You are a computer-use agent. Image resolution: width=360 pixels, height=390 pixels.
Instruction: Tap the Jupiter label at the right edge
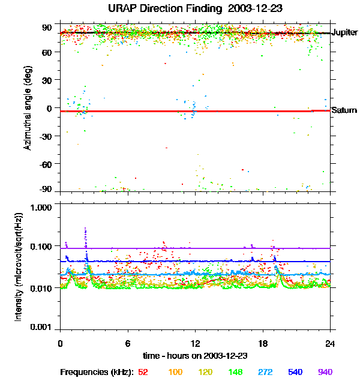click(x=344, y=32)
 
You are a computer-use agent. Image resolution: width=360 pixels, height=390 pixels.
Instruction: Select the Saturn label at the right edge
click(x=344, y=110)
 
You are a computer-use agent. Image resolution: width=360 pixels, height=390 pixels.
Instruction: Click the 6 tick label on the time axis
click(x=128, y=343)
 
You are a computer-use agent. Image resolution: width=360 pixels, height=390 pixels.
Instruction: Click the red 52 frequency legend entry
click(x=143, y=372)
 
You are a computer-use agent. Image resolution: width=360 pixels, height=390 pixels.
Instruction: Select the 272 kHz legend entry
click(x=264, y=372)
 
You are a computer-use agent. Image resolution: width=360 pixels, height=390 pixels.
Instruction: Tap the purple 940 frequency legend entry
click(x=325, y=372)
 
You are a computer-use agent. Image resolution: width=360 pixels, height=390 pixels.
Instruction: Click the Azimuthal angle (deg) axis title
click(x=26, y=108)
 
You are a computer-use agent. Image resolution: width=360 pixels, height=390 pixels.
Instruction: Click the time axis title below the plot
click(x=195, y=356)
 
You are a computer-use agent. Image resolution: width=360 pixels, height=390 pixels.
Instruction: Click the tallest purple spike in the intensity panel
click(x=85, y=229)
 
